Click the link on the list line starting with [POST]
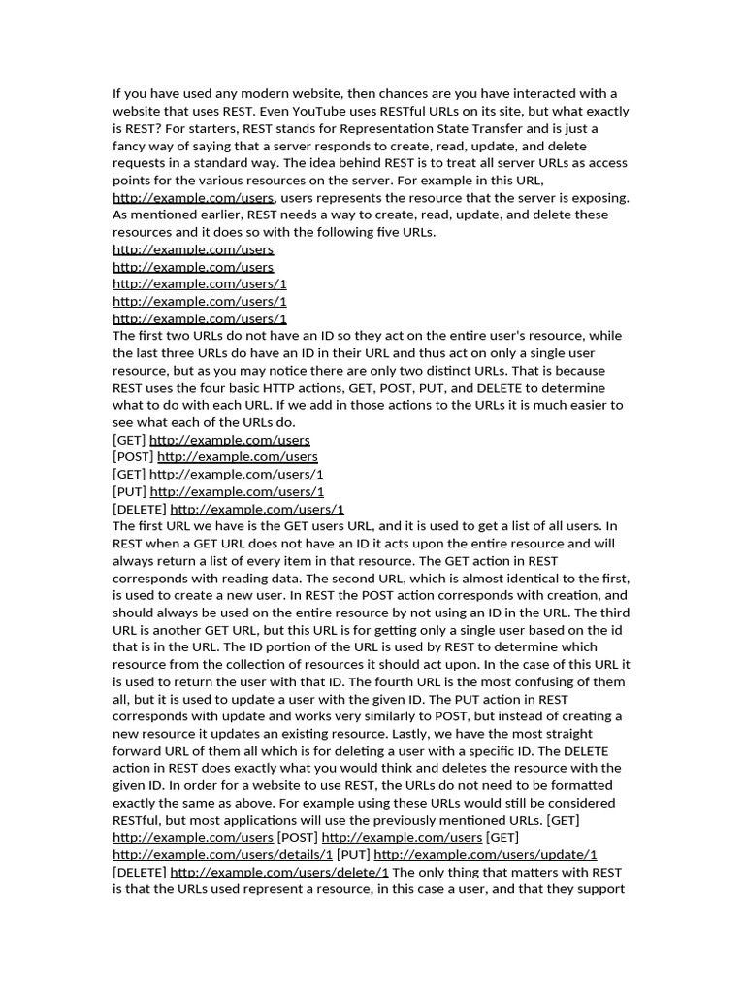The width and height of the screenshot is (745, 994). [x=237, y=457]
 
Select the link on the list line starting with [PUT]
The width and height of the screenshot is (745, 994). [x=237, y=492]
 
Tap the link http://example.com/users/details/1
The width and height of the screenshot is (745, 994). [x=222, y=855]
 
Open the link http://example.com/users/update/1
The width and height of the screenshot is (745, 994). [x=485, y=855]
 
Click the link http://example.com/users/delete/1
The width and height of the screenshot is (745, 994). [x=279, y=873]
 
